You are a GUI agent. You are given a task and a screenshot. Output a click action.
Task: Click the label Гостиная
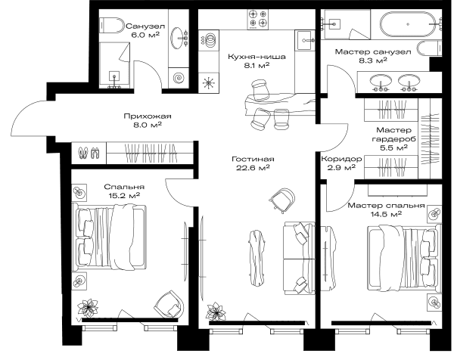point(253,159)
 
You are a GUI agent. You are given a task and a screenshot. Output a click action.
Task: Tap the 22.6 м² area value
point(253,168)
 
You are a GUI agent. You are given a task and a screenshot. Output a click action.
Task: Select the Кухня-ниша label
point(257,57)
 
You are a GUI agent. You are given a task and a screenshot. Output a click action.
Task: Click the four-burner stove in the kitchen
point(258,20)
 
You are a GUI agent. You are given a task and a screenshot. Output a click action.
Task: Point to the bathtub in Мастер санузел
point(408,24)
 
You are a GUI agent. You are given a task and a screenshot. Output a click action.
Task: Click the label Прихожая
point(148,116)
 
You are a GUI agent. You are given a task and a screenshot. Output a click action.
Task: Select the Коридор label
point(341,159)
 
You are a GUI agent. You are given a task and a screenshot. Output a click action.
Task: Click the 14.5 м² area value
point(386,215)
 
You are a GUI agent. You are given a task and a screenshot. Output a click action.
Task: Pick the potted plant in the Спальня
point(88,308)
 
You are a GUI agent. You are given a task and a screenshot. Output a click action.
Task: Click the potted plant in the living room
point(216,312)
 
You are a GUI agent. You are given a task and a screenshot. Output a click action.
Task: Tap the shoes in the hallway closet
point(89,153)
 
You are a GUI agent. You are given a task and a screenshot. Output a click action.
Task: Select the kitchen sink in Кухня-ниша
point(305,41)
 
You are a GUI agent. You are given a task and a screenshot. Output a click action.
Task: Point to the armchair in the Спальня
point(169,304)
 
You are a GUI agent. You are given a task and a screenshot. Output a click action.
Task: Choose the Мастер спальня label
point(386,206)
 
